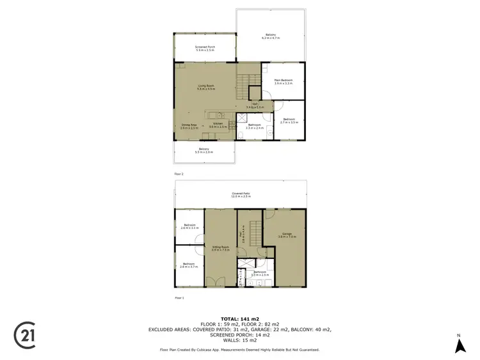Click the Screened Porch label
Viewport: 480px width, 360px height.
205,49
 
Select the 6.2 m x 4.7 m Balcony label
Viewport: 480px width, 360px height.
272,36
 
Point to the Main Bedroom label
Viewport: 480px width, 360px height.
284,81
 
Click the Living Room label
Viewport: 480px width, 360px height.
205,87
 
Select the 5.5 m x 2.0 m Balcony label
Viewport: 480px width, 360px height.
205,150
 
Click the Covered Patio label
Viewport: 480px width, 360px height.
241,194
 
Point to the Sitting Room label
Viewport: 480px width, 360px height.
220,248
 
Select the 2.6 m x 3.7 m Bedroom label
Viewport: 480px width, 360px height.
189,265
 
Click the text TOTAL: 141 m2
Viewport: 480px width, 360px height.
239,318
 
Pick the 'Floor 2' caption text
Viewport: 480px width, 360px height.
179,174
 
